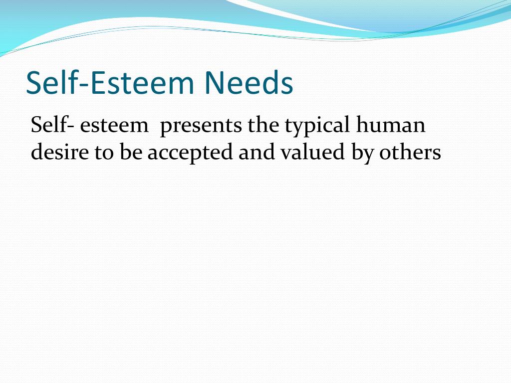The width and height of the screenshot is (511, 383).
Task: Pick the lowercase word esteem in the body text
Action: tap(114, 125)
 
